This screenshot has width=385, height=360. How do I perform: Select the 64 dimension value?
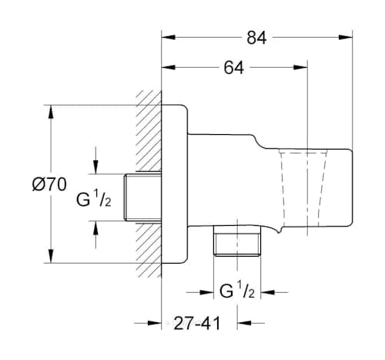click(x=234, y=68)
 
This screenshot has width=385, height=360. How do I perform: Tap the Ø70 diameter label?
click(x=48, y=184)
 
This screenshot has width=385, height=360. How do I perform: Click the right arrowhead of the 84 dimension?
click(x=346, y=37)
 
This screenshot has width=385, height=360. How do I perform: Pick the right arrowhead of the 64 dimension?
click(x=304, y=68)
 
